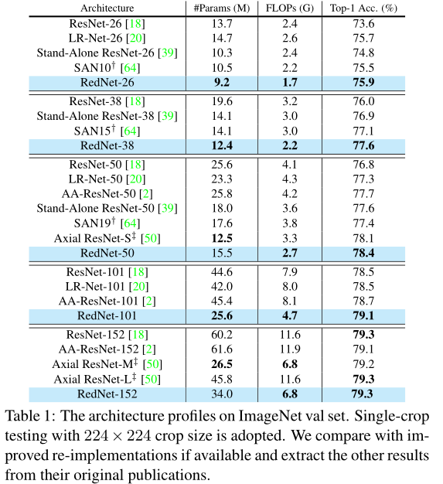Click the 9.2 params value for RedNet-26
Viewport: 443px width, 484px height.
point(221,83)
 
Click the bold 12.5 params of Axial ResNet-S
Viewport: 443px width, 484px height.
point(221,237)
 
